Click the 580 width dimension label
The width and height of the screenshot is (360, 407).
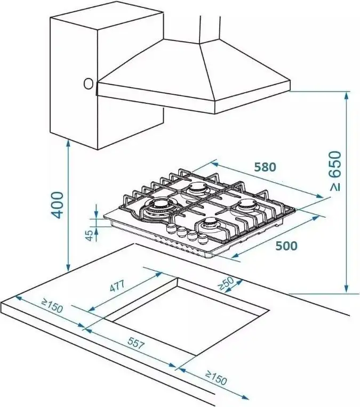point(265,167)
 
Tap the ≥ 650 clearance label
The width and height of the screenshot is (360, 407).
point(334,172)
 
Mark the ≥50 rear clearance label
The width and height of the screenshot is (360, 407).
point(226,284)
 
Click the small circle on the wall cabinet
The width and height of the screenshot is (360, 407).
point(88,84)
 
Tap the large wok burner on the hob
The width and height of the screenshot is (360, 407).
point(158,207)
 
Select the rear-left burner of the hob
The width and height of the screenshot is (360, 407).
point(196,189)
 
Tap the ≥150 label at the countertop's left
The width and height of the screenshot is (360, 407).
point(52,307)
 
